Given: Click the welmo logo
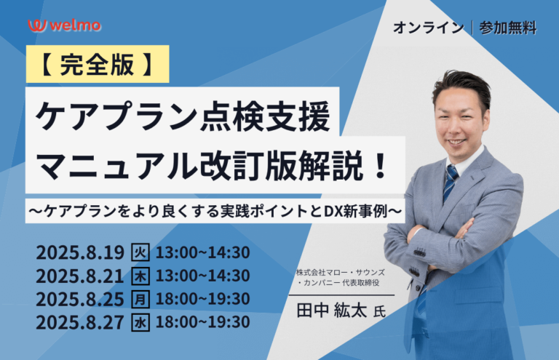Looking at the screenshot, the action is click(65, 25).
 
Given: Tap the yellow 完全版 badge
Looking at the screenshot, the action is click(98, 64).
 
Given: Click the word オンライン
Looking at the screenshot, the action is click(429, 28).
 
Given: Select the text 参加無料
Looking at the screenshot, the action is click(508, 28).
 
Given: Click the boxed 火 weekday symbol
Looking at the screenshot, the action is click(140, 252).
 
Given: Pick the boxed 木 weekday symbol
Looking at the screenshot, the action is click(140, 276).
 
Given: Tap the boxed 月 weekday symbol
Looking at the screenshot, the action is click(140, 299).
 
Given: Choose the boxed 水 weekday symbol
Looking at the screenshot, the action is click(140, 322).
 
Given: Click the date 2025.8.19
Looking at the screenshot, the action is click(80, 253).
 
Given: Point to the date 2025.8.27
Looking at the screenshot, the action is click(80, 322).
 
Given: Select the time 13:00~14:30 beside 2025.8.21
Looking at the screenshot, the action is click(202, 276).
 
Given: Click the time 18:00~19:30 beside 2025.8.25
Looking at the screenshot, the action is click(202, 299).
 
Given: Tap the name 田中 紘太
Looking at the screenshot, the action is click(332, 311).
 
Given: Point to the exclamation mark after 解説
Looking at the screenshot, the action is click(381, 166).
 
